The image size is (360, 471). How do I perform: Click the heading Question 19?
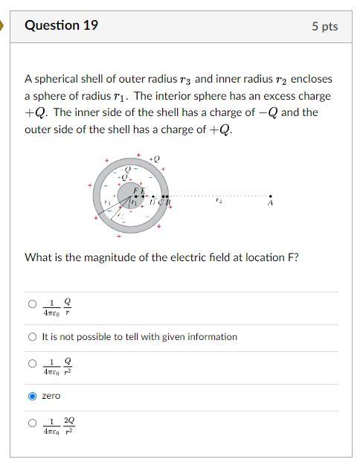pos(61,25)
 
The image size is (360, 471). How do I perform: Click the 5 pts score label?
pos(324,26)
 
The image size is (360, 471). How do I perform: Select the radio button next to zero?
pos(32,396)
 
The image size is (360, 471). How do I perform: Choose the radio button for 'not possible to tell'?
pos(32,337)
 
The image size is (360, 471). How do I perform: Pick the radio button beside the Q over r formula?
pos(32,304)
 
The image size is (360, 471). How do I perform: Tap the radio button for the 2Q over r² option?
pos(32,423)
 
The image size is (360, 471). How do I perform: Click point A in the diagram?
pos(270,196)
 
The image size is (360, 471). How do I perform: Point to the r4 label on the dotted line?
pos(218,200)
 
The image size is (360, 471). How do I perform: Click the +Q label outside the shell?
pos(155,159)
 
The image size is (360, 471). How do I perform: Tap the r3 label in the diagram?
pos(107,202)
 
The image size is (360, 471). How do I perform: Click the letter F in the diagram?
pos(135,191)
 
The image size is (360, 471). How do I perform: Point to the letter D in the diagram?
pos(152,202)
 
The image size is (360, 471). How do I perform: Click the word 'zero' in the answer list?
pos(51,396)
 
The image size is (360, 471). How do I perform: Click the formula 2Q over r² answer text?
pos(58,424)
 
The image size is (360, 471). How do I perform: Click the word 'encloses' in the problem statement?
pos(312,79)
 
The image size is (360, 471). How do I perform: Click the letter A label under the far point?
pos(270,202)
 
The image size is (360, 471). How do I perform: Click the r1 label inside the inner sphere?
pos(134,201)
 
